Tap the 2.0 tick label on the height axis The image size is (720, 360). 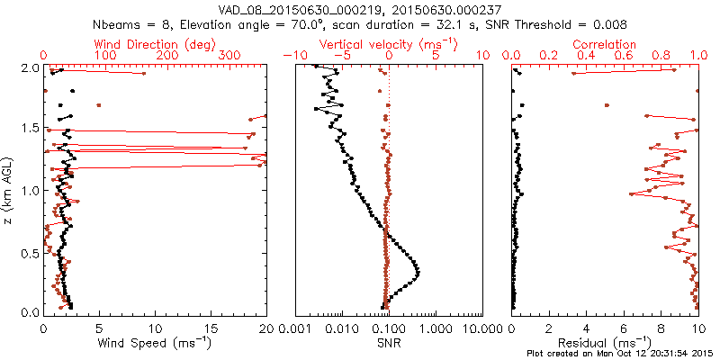pyautogui.click(x=29, y=67)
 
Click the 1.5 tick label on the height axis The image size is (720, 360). pyautogui.click(x=29, y=129)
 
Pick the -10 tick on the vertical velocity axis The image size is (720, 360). pyautogui.click(x=292, y=56)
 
